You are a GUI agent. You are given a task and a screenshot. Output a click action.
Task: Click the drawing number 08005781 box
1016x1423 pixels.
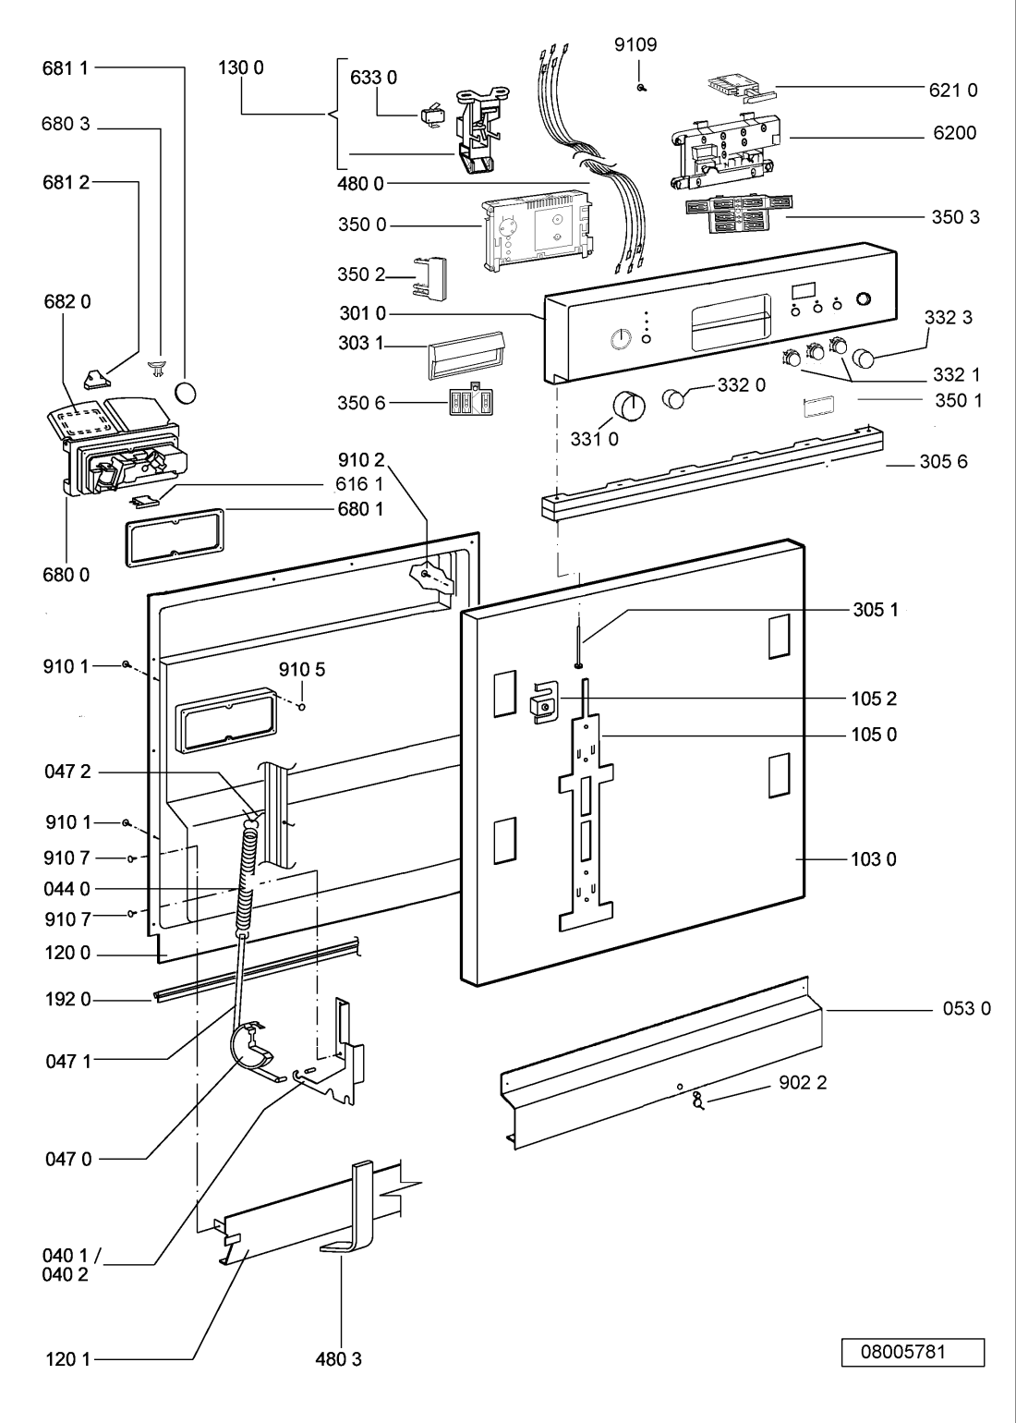pyautogui.click(x=912, y=1351)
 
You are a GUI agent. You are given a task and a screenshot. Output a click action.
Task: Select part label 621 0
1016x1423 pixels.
pyautogui.click(x=952, y=90)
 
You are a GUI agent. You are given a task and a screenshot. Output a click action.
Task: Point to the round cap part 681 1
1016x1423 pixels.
pyautogui.click(x=186, y=393)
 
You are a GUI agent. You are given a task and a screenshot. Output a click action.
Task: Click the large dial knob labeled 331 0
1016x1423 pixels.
pyautogui.click(x=628, y=405)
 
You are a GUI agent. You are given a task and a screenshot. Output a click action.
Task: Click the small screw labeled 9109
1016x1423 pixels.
pyautogui.click(x=639, y=87)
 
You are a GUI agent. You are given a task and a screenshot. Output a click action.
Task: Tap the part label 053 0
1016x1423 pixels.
pyautogui.click(x=966, y=1008)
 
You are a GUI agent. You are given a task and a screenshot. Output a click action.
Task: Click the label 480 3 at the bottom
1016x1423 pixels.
pyautogui.click(x=338, y=1359)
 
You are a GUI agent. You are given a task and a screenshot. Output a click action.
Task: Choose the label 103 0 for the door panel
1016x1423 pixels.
pyautogui.click(x=873, y=859)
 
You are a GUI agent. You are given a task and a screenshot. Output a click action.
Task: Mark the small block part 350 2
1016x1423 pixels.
pyautogui.click(x=430, y=277)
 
